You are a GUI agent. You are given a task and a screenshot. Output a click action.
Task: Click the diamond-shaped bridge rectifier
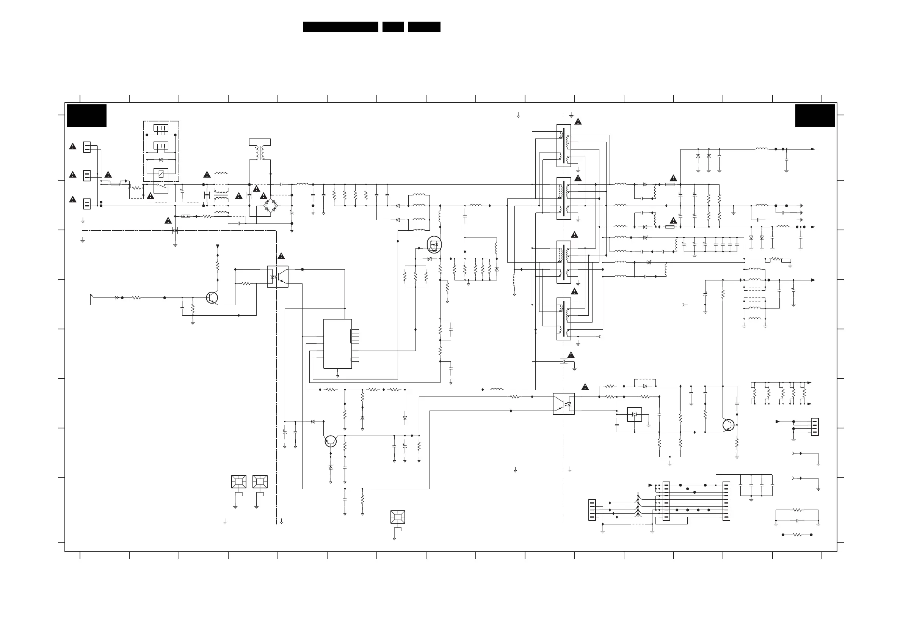(270, 205)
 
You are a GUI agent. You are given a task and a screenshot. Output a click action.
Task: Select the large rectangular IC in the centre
(337, 344)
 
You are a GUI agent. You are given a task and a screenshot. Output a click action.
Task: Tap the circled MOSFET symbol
(434, 244)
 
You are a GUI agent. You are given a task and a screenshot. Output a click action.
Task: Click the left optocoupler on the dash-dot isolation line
(277, 276)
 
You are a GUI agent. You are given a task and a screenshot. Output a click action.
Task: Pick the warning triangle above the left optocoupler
(281, 256)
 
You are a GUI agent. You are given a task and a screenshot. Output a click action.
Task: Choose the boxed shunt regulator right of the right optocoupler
(634, 415)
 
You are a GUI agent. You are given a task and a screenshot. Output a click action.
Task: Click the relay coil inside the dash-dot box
(161, 174)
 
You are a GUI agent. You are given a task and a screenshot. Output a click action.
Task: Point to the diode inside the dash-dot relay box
(161, 159)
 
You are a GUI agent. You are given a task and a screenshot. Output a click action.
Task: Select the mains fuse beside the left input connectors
(115, 184)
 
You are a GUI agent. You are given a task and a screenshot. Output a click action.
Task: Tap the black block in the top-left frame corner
(86, 116)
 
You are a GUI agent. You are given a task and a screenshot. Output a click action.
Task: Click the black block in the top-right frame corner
(815, 116)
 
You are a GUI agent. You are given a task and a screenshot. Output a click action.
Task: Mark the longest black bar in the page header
(340, 27)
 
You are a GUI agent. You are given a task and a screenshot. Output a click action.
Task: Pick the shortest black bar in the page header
(393, 27)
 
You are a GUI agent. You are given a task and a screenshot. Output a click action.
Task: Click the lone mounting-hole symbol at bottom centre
(398, 517)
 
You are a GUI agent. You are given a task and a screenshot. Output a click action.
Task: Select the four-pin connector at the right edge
(815, 427)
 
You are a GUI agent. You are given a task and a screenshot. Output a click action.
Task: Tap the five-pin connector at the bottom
(592, 510)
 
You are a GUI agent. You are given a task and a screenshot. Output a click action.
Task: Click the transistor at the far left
(212, 297)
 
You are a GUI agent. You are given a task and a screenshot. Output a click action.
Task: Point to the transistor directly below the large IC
(331, 441)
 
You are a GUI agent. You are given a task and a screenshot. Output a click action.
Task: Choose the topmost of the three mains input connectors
(87, 147)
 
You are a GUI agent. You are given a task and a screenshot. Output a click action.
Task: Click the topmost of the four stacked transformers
(564, 145)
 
